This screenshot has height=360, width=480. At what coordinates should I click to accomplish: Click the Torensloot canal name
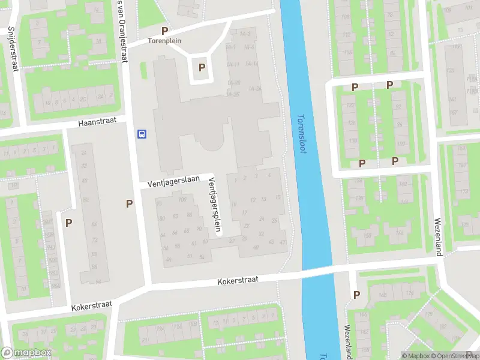coord(302,134)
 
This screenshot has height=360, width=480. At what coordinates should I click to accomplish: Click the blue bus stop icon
coord(142,133)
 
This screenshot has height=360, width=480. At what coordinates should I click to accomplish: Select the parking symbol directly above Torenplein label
coord(164,31)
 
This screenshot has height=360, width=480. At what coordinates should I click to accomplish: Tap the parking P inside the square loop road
coord(202,68)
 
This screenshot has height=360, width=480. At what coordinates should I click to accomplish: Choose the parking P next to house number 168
coord(357,295)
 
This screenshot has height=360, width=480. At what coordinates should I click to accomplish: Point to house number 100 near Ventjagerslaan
coord(182,199)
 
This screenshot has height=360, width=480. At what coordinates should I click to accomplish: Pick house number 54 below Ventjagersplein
coord(202,257)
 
